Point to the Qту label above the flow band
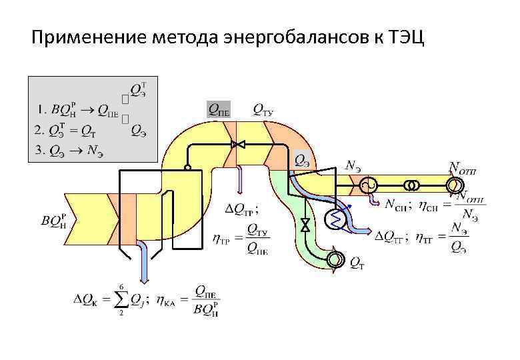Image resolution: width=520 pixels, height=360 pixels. pyautogui.click(x=263, y=109)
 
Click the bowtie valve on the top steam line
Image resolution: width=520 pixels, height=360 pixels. pyautogui.click(x=238, y=143)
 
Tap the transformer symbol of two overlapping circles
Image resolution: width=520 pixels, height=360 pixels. pyautogui.click(x=413, y=184)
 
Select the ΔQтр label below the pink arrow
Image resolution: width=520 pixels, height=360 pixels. pyautogui.click(x=239, y=210)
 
